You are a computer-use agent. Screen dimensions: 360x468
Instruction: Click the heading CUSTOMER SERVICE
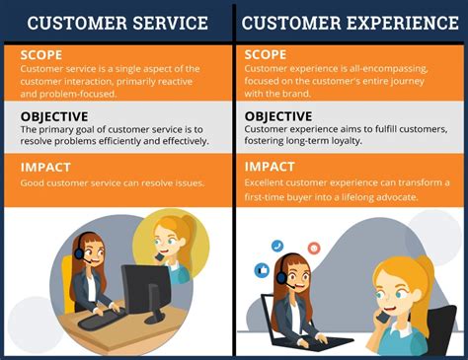[x=117, y=22]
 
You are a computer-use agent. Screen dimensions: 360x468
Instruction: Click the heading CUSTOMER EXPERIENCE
[x=350, y=22]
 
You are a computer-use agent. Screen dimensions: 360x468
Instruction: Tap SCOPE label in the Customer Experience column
[x=267, y=53]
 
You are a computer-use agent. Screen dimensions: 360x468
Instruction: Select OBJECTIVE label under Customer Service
[x=60, y=116]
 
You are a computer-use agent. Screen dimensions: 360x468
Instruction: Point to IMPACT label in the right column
[x=271, y=167]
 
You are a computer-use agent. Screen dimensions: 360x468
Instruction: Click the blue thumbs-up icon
[x=263, y=269]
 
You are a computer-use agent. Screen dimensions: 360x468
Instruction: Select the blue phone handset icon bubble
[x=277, y=246]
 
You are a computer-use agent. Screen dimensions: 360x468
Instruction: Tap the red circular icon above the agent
[x=314, y=248]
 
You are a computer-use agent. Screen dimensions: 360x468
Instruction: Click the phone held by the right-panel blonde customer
[x=381, y=319]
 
